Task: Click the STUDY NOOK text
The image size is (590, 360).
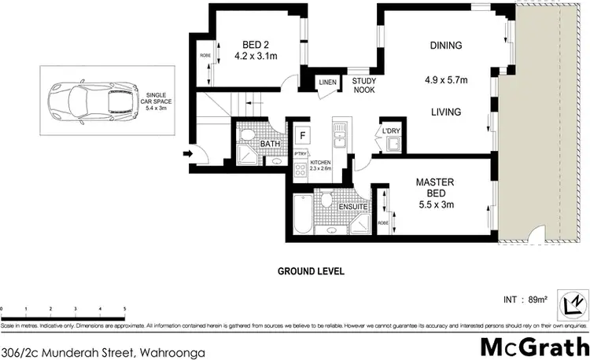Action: pos(363,85)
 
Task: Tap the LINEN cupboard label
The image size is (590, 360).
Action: pos(328,81)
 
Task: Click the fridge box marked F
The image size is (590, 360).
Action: pos(301,136)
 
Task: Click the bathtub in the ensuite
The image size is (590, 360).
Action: pos(299,218)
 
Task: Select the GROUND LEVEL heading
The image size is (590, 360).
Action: pos(311,271)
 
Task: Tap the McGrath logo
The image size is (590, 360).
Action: pos(535,346)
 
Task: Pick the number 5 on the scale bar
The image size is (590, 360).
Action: pos(124,309)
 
